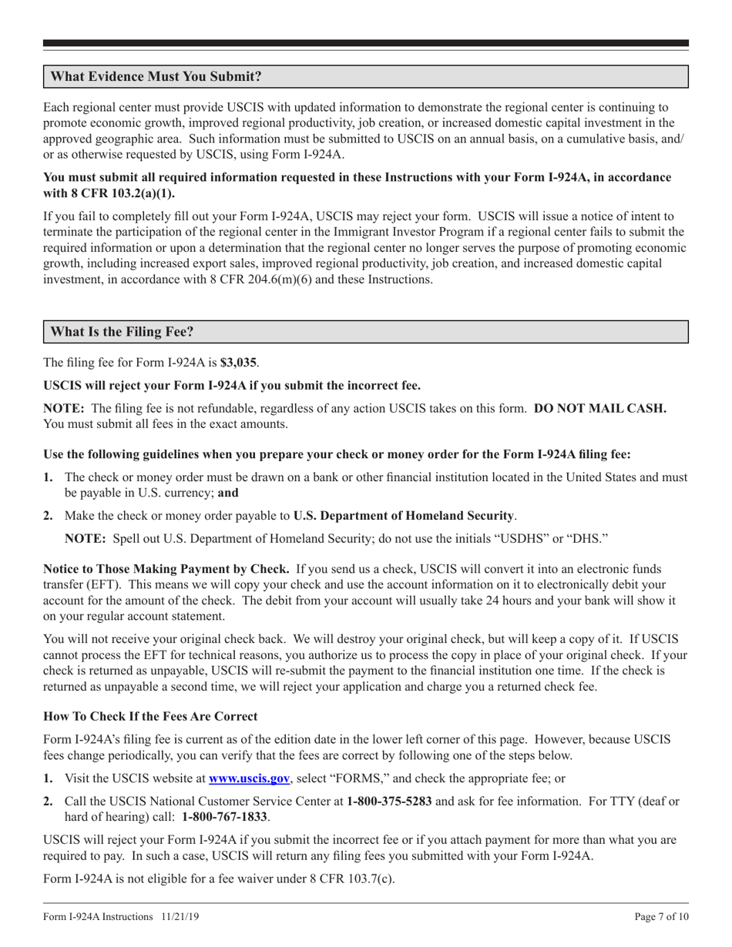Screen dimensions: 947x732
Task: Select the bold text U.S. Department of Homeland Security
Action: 404,515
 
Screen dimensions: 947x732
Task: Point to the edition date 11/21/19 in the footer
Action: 182,917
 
